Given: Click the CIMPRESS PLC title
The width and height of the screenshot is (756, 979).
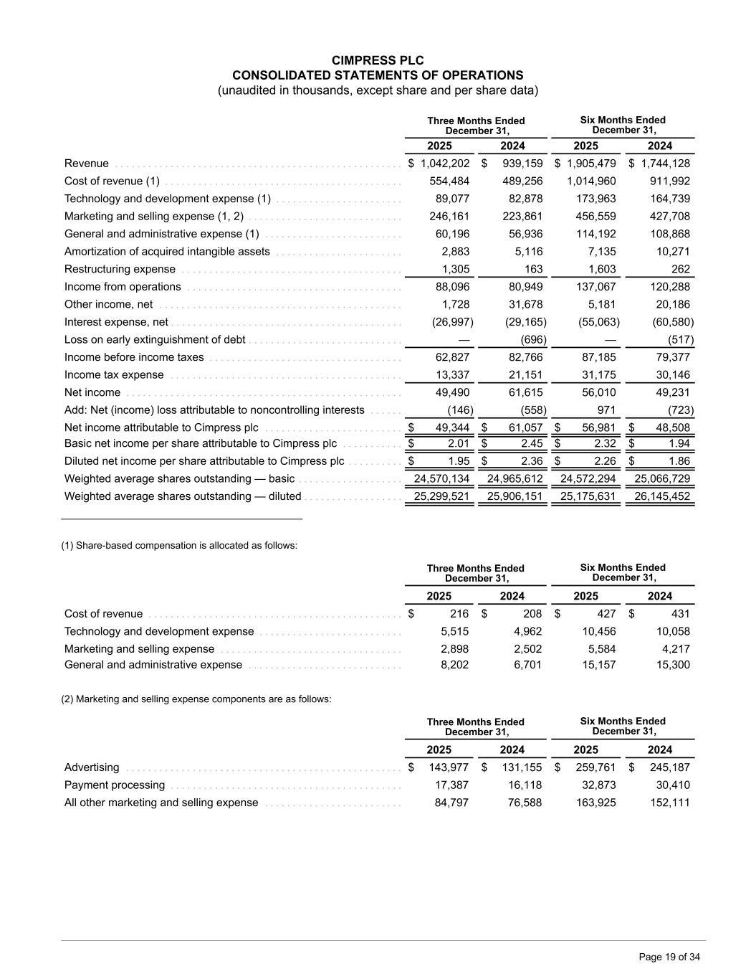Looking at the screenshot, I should point(378,60).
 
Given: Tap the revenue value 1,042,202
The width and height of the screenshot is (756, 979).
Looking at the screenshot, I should point(445,164).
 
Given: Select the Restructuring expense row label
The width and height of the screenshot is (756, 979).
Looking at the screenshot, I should point(120,269).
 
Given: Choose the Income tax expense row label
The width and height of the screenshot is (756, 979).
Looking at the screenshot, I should point(114,375).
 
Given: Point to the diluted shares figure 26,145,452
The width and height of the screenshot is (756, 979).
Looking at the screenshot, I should point(661,496).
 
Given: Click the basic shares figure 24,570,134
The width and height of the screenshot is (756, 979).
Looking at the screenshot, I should point(441,478).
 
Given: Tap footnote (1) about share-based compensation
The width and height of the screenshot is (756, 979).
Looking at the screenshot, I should point(179,546).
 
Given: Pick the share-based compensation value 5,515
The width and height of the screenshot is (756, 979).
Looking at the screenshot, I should point(454,631).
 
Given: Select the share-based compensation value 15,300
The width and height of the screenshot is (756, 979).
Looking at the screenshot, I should point(673,665).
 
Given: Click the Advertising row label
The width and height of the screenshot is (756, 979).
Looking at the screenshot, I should point(92,767).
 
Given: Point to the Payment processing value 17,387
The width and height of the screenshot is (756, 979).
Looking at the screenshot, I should point(452,785).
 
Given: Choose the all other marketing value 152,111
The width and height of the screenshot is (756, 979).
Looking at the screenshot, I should point(671,803).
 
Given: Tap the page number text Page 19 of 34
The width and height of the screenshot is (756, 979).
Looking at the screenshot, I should point(669,957).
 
